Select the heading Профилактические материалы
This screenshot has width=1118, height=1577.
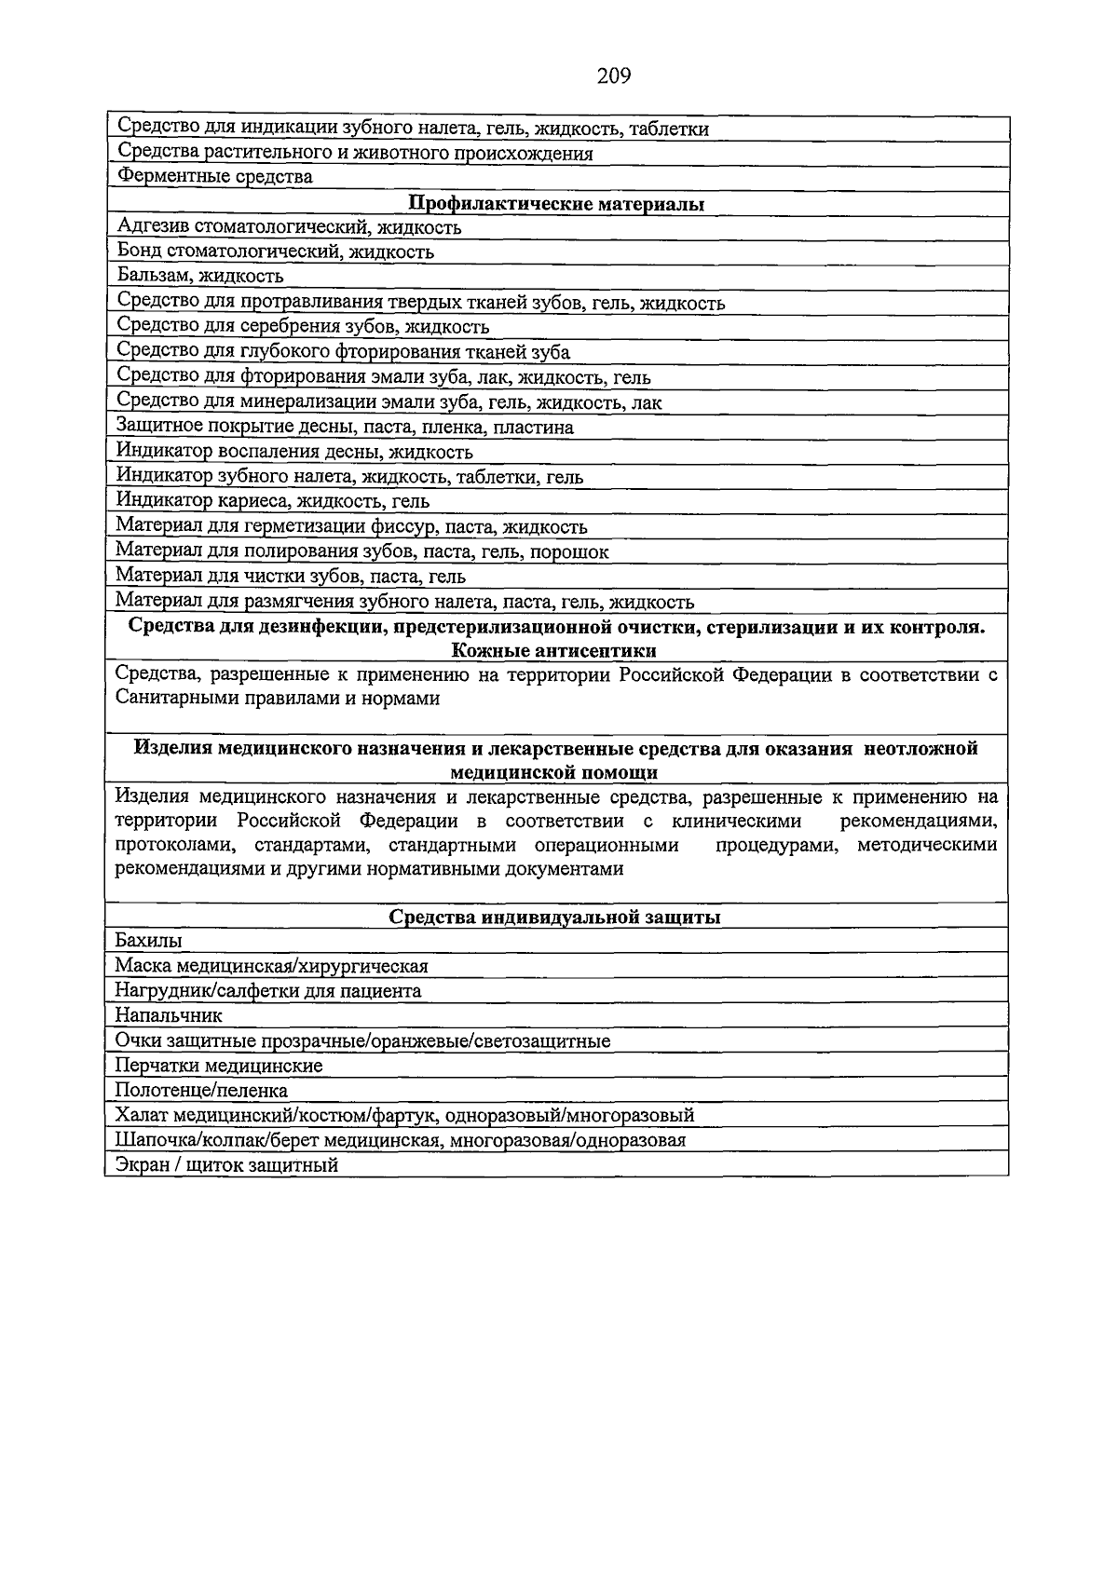coord(556,204)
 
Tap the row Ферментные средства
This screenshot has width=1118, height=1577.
coord(214,177)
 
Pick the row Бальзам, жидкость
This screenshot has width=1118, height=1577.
coord(200,277)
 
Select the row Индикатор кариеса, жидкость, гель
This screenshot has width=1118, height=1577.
coord(273,501)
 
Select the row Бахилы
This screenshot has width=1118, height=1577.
coord(148,941)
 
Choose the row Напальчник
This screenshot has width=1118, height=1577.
coord(169,1016)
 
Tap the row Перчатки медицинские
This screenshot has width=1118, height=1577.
coord(219,1066)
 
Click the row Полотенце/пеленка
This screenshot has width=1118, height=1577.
coord(201,1091)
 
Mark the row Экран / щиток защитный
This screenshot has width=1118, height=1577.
coord(226,1165)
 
